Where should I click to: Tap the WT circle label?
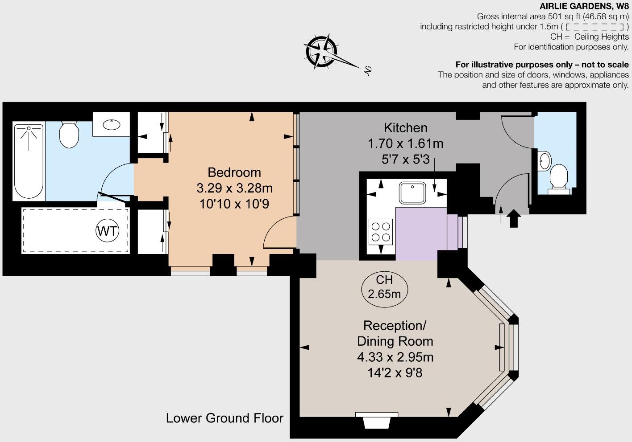(x=108, y=231)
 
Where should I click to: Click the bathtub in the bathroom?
(x=29, y=161)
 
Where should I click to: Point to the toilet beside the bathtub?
(x=69, y=135)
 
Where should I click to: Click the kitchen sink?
(x=413, y=192)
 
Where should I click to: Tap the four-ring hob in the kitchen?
(x=381, y=232)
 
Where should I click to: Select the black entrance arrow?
(x=514, y=219)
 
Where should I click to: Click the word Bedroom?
(x=234, y=172)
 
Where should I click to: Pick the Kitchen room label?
(x=405, y=128)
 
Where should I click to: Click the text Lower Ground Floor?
(x=225, y=418)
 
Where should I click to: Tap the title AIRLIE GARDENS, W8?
(x=584, y=6)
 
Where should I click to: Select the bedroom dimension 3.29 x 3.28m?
(x=234, y=188)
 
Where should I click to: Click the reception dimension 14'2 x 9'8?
(x=395, y=372)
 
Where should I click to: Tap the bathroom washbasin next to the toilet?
(x=112, y=124)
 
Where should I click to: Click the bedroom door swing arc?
(x=278, y=231)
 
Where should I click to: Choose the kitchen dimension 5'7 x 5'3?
(x=405, y=159)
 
